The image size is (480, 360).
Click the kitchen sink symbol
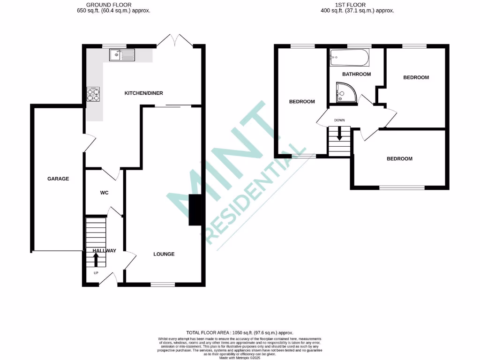[122, 55]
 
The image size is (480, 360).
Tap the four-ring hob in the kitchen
[94, 95]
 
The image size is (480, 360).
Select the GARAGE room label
[58, 179]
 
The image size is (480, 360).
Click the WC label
[104, 193]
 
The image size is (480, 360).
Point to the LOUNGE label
[164, 254]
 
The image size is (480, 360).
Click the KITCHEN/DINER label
[143, 93]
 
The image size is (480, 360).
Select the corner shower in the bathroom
[345, 93]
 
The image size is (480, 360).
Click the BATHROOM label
[356, 74]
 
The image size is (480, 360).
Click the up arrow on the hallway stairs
[97, 259]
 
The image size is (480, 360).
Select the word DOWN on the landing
[339, 120]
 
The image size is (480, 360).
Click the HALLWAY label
[104, 251]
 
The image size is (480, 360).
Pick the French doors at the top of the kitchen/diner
[175, 41]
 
